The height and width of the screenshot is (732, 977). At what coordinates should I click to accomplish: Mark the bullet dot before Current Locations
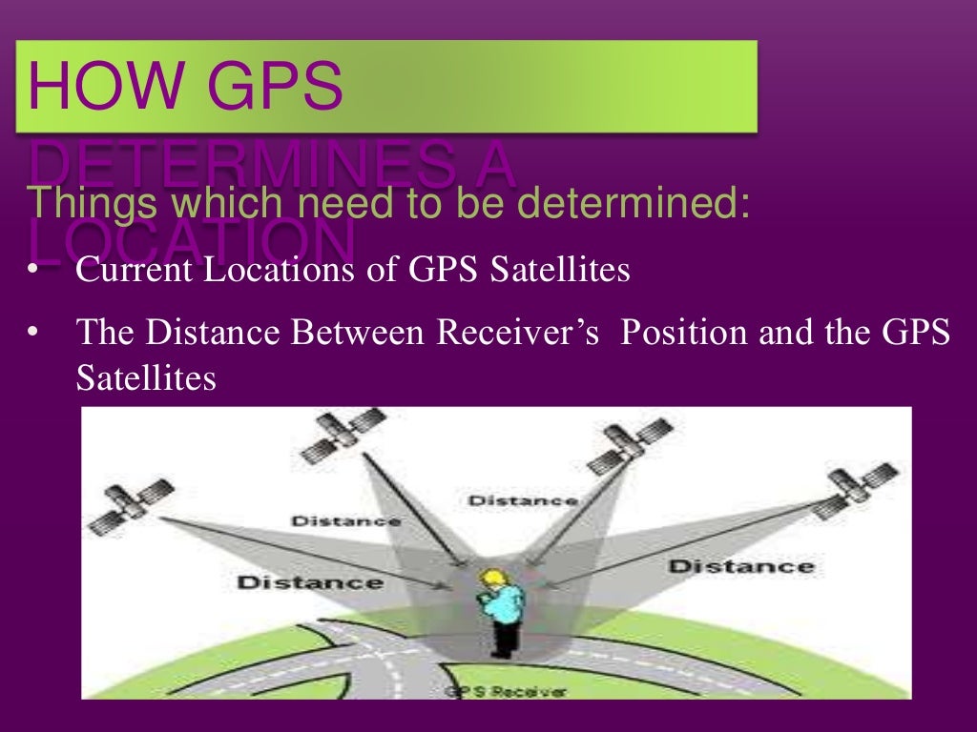coord(31,271)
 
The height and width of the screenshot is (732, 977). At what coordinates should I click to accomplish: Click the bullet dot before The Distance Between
coord(31,333)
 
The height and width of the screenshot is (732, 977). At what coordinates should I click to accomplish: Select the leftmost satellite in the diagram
coord(131,506)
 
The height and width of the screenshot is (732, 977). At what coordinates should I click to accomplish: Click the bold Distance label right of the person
coord(741,566)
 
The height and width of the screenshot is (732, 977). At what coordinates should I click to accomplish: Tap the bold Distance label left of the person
coord(309,581)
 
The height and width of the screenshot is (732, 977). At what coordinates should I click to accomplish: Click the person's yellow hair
coord(493,578)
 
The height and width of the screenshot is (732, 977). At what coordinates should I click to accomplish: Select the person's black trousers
coord(501,635)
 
